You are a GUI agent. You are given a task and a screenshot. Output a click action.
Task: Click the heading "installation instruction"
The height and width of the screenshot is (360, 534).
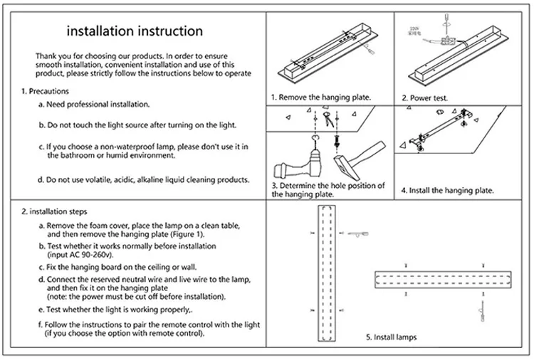click(x=135, y=31)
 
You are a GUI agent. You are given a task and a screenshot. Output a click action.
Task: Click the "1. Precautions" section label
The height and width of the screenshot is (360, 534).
click(x=45, y=91)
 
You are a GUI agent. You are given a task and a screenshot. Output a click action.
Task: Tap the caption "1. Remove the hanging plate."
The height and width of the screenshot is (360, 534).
click(x=320, y=97)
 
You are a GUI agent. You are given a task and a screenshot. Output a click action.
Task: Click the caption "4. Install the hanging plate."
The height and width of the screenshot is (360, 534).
click(x=447, y=191)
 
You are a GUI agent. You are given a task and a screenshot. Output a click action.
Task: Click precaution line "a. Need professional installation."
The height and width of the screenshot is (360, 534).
click(x=94, y=104)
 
